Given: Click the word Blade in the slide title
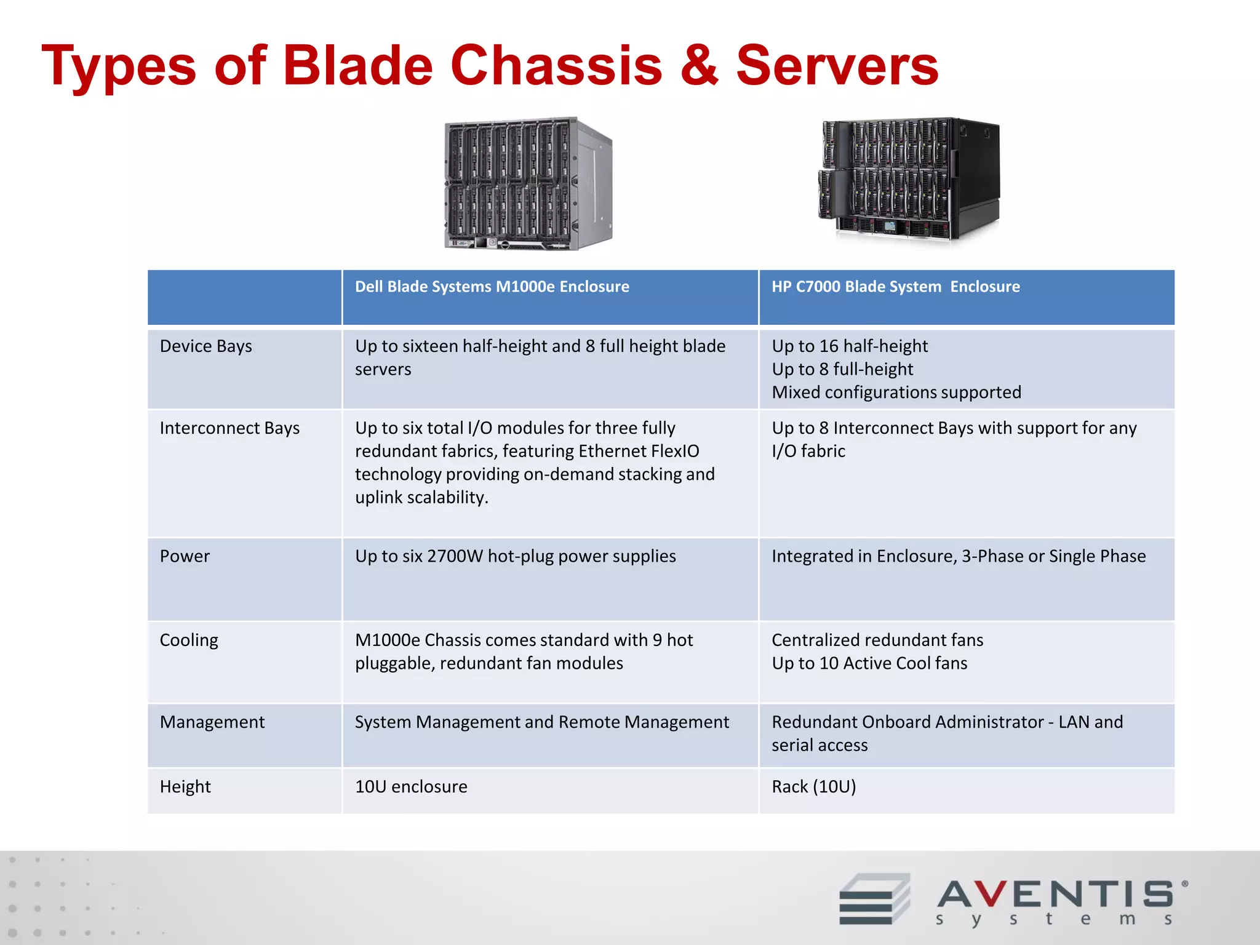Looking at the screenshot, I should [358, 66].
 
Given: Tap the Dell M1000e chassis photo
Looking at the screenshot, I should [527, 183].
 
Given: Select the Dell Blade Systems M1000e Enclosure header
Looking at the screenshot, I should [492, 287].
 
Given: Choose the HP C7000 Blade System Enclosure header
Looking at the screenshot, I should [895, 287].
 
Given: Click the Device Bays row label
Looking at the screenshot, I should [205, 346].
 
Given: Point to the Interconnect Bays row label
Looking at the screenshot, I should [229, 428].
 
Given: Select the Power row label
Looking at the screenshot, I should [185, 556].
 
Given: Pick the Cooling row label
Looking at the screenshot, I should [189, 640].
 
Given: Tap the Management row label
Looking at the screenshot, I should [212, 722].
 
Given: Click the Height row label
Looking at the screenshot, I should [185, 787].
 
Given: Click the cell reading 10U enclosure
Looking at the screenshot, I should [411, 787].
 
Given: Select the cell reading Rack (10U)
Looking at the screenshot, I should [813, 787].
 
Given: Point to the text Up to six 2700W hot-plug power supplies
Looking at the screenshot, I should [515, 556].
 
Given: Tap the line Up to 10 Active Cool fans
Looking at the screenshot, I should [869, 663].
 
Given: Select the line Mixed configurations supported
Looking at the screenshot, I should [896, 393].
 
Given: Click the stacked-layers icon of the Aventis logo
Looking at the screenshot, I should [874, 899].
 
